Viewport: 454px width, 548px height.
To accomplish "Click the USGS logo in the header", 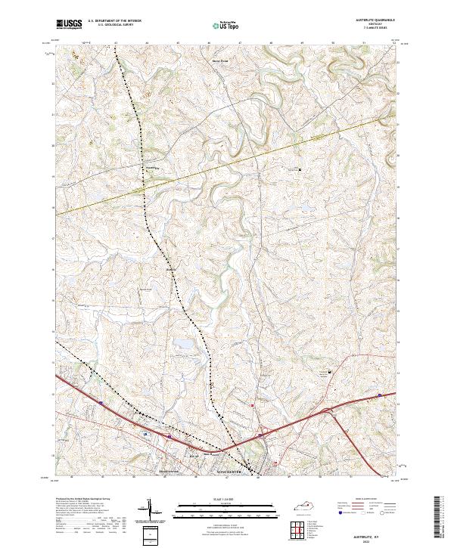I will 69,25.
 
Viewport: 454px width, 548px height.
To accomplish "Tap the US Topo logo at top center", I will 223,26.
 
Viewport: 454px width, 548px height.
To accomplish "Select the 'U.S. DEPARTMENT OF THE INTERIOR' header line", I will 113,22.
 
